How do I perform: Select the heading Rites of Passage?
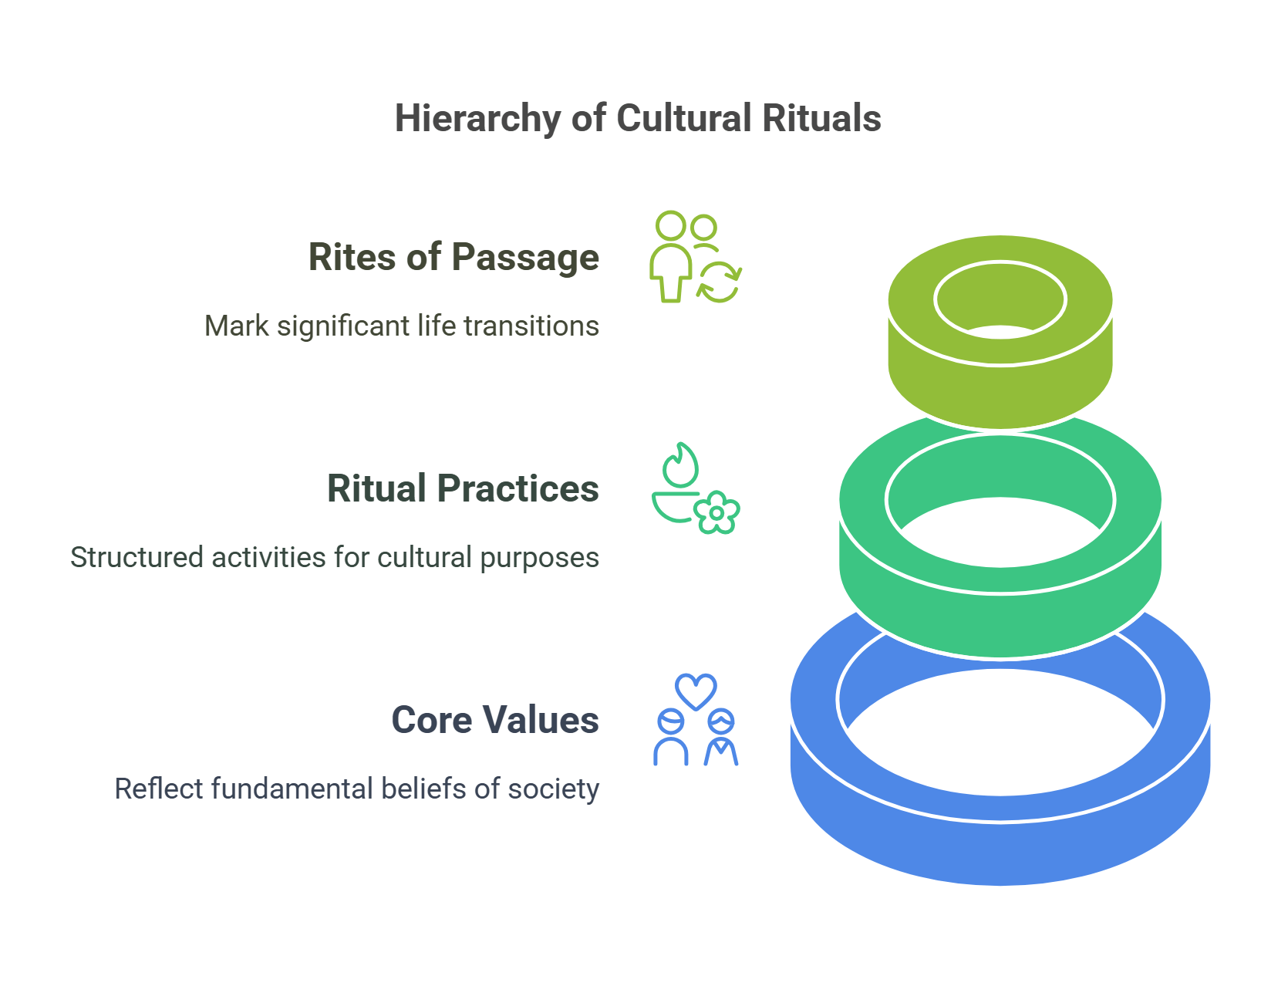point(453,257)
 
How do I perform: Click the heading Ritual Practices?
point(463,488)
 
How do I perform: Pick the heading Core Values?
point(494,720)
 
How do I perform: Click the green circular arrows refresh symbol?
point(719,282)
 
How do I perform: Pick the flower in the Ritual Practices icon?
point(716,512)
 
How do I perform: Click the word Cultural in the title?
point(683,119)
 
